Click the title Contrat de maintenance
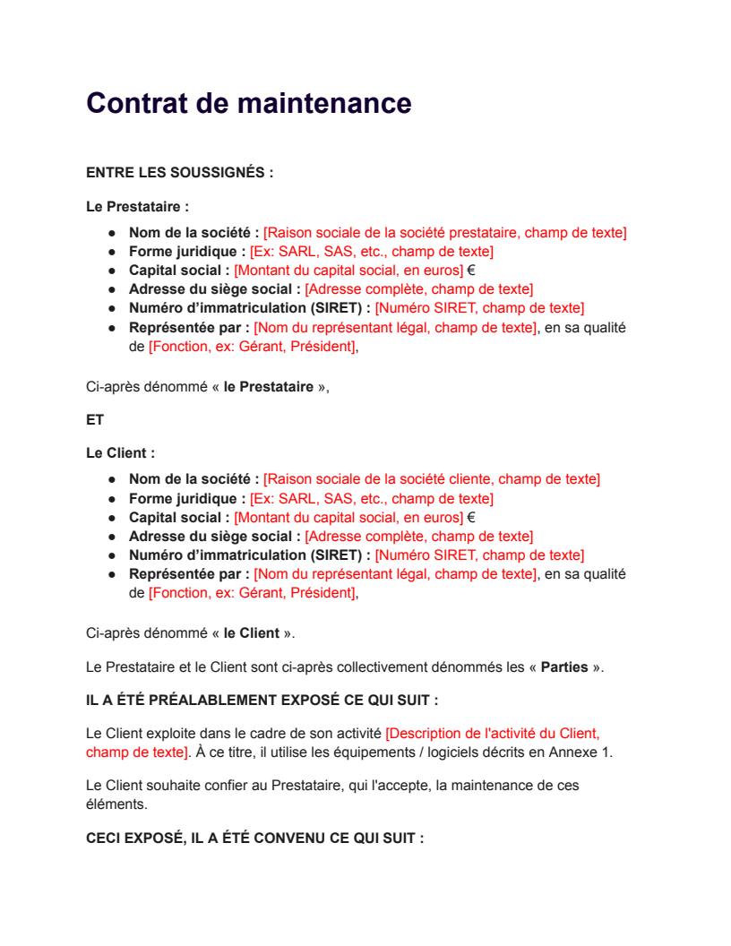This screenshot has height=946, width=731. tap(248, 103)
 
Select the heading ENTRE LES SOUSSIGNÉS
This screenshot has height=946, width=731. tap(179, 172)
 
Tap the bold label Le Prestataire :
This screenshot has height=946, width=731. tap(137, 207)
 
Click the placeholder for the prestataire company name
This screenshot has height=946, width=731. tap(444, 233)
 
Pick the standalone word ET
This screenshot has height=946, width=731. tap(95, 419)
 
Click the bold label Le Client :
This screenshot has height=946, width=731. tap(120, 453)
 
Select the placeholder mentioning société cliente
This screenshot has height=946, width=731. tap(431, 479)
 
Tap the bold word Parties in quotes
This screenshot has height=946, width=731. tap(564, 667)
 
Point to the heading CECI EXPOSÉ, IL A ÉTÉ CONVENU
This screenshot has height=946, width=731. tap(254, 838)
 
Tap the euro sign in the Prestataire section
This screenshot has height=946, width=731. tap(471, 271)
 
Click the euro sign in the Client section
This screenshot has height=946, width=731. tap(471, 518)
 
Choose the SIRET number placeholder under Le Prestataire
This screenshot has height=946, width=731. tap(479, 308)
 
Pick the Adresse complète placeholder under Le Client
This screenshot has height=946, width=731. tap(418, 537)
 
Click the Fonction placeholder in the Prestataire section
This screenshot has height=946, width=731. tap(253, 347)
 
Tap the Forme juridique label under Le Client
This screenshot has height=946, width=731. tap(186, 499)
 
